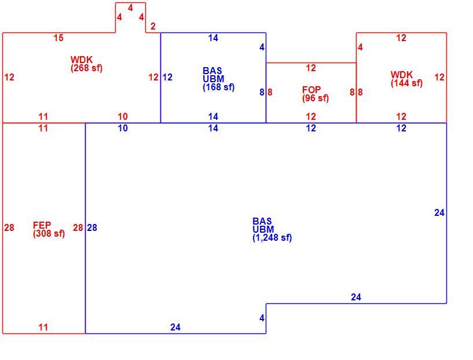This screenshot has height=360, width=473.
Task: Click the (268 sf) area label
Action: point(87,68)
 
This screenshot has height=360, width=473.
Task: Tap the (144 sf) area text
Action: point(406,83)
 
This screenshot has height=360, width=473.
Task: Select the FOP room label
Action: point(311,90)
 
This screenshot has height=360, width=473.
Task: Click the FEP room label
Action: point(42,225)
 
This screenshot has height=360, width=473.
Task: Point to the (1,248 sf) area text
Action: point(272,237)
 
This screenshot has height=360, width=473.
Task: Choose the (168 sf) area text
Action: point(219,87)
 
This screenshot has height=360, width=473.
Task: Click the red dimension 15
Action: point(58,38)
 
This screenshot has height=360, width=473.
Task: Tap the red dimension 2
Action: point(153,26)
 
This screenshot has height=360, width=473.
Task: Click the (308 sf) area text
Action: point(49,233)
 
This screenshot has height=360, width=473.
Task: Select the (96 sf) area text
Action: point(315,98)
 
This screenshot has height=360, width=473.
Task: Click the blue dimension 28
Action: point(92,227)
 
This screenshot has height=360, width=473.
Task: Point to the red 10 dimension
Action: point(123,116)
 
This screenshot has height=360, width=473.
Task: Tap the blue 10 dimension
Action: point(123,128)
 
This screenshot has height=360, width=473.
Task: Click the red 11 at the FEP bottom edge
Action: point(43,327)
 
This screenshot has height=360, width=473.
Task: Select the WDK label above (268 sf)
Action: point(82,60)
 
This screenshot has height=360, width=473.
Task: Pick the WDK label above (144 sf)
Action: point(402,75)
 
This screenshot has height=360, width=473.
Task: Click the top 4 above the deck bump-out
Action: point(130,8)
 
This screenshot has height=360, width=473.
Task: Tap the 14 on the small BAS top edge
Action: point(213,38)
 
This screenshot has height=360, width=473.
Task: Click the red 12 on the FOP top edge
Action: point(311,68)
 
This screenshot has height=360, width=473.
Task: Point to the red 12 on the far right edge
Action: point(439,78)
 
